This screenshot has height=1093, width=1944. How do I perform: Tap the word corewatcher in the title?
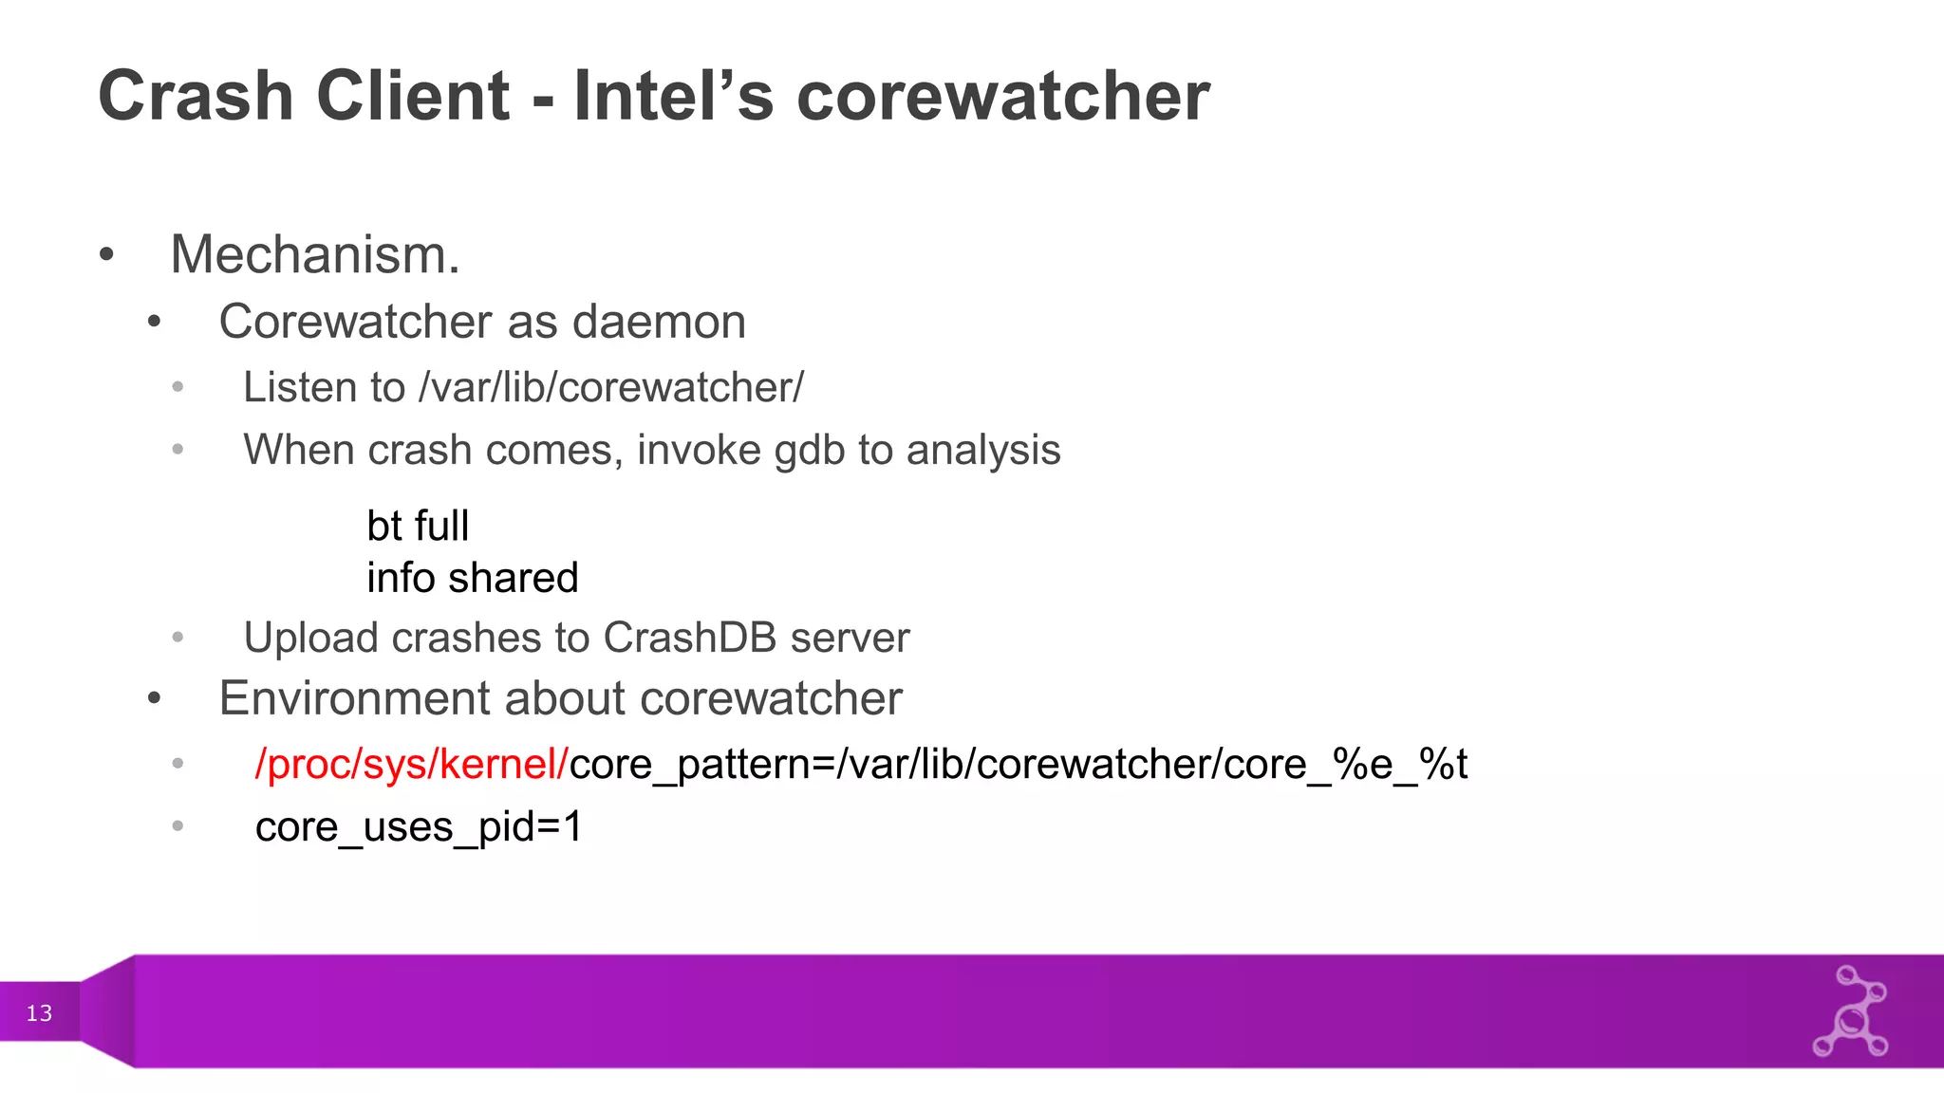point(1002,96)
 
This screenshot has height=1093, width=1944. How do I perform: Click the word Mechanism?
point(314,254)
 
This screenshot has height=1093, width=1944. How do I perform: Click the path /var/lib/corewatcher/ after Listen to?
point(610,387)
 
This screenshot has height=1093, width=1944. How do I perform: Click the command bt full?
point(418,526)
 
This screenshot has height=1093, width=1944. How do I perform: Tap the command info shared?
point(472,578)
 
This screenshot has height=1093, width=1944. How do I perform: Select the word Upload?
point(311,638)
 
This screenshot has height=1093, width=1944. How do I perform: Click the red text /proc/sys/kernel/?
point(411,765)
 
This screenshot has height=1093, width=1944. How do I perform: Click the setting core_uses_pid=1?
point(419,826)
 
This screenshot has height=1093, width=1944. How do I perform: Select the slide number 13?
point(39,1013)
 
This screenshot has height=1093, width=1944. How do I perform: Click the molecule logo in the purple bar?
point(1851,1012)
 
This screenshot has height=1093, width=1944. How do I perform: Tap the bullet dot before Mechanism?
point(106,254)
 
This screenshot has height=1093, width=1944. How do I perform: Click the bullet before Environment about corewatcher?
point(155,700)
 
